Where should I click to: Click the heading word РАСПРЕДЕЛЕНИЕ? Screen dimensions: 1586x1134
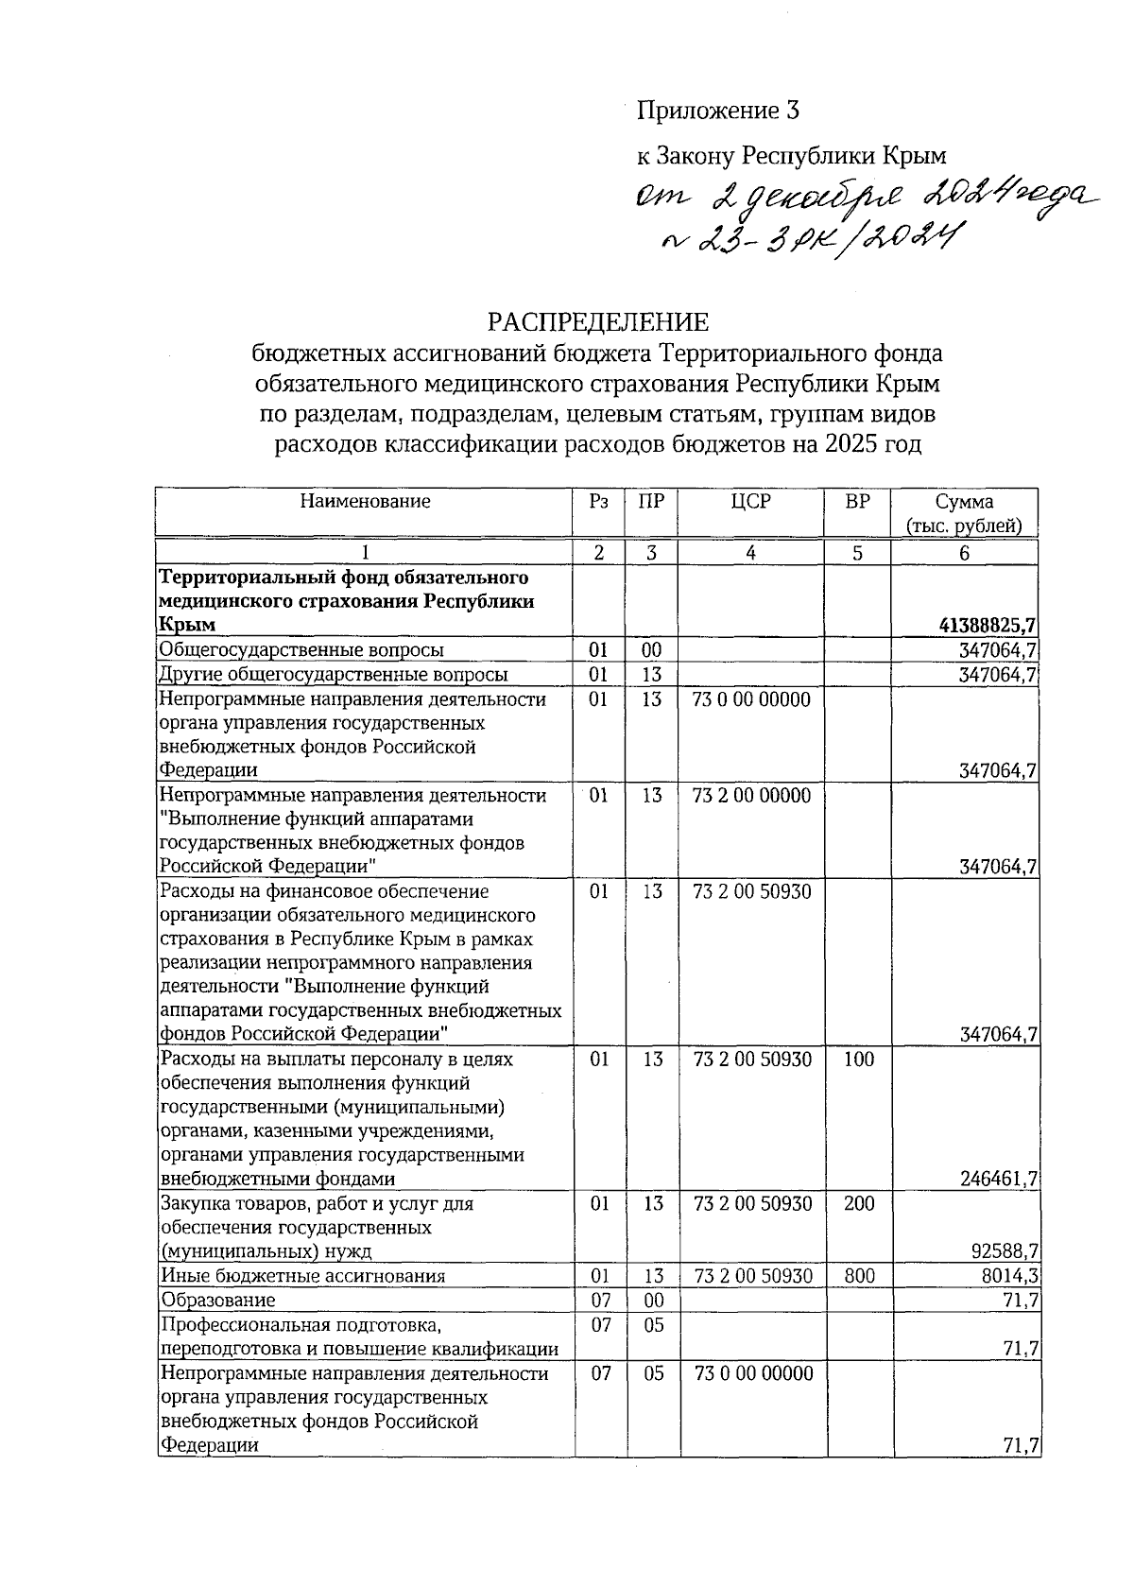[597, 323]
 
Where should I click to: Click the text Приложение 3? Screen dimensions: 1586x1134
[718, 112]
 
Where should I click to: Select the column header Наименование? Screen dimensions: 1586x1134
[365, 502]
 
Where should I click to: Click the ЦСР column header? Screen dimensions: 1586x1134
[750, 502]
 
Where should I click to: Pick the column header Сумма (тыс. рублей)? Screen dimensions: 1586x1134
[963, 514]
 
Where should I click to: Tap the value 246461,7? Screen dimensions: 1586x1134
[997, 1179]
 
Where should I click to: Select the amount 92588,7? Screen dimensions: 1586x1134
[1005, 1251]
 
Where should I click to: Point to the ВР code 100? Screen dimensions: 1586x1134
[858, 1060]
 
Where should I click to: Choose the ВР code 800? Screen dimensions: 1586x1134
[858, 1276]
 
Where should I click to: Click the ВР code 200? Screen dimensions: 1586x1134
[858, 1204]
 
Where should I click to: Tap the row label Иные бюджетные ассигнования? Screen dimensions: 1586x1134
[302, 1276]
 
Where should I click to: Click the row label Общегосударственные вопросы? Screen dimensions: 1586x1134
[301, 649]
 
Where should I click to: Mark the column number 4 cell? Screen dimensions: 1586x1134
[750, 554]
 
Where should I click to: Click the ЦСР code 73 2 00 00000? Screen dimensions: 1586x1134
[751, 796]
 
